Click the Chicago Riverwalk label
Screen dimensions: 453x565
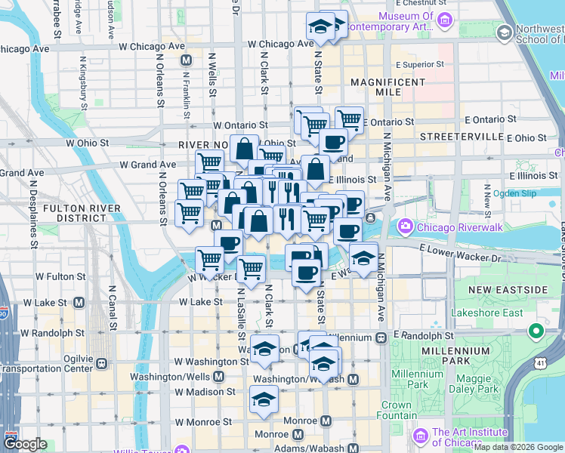pos(449,226)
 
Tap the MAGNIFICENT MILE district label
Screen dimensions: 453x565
pos(389,87)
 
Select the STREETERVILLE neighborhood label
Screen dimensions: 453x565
pos(462,136)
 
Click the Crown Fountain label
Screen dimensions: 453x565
pos(396,410)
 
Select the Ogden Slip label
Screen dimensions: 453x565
pos(514,193)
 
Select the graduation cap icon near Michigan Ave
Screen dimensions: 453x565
pos(363,257)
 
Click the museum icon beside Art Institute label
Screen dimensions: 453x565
pos(421,437)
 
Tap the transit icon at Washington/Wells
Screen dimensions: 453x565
pos(219,376)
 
